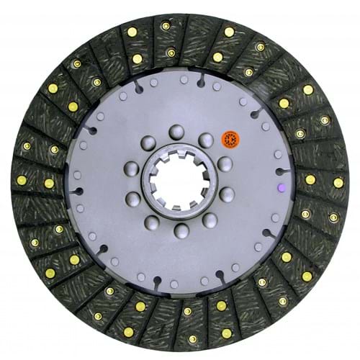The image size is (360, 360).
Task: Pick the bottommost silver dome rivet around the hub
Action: (181, 230)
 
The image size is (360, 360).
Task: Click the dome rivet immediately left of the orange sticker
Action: (206, 140)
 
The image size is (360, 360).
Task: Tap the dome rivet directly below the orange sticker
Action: (224, 163)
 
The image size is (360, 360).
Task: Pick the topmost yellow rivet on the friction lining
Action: (166, 26)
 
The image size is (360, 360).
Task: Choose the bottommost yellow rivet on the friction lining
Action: (192, 338)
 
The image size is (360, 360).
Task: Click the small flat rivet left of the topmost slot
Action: (183, 80)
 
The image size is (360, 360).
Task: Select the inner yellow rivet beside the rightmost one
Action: (310, 179)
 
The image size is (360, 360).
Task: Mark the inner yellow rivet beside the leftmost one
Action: (49, 183)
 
